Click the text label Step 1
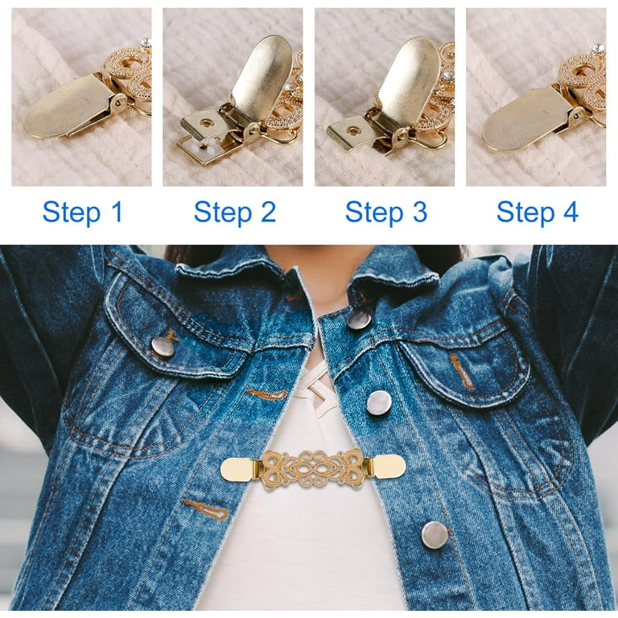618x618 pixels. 83,212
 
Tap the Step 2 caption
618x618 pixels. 235,212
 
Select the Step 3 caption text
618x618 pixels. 386,212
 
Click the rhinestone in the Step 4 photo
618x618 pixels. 598,49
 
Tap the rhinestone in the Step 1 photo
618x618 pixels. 146,43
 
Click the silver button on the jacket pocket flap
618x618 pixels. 163,347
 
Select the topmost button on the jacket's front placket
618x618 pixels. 359,319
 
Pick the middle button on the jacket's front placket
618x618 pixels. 379,403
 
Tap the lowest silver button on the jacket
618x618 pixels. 435,535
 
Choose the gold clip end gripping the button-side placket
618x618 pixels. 385,466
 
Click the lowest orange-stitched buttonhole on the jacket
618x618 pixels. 207,509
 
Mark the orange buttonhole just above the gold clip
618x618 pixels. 266,393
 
